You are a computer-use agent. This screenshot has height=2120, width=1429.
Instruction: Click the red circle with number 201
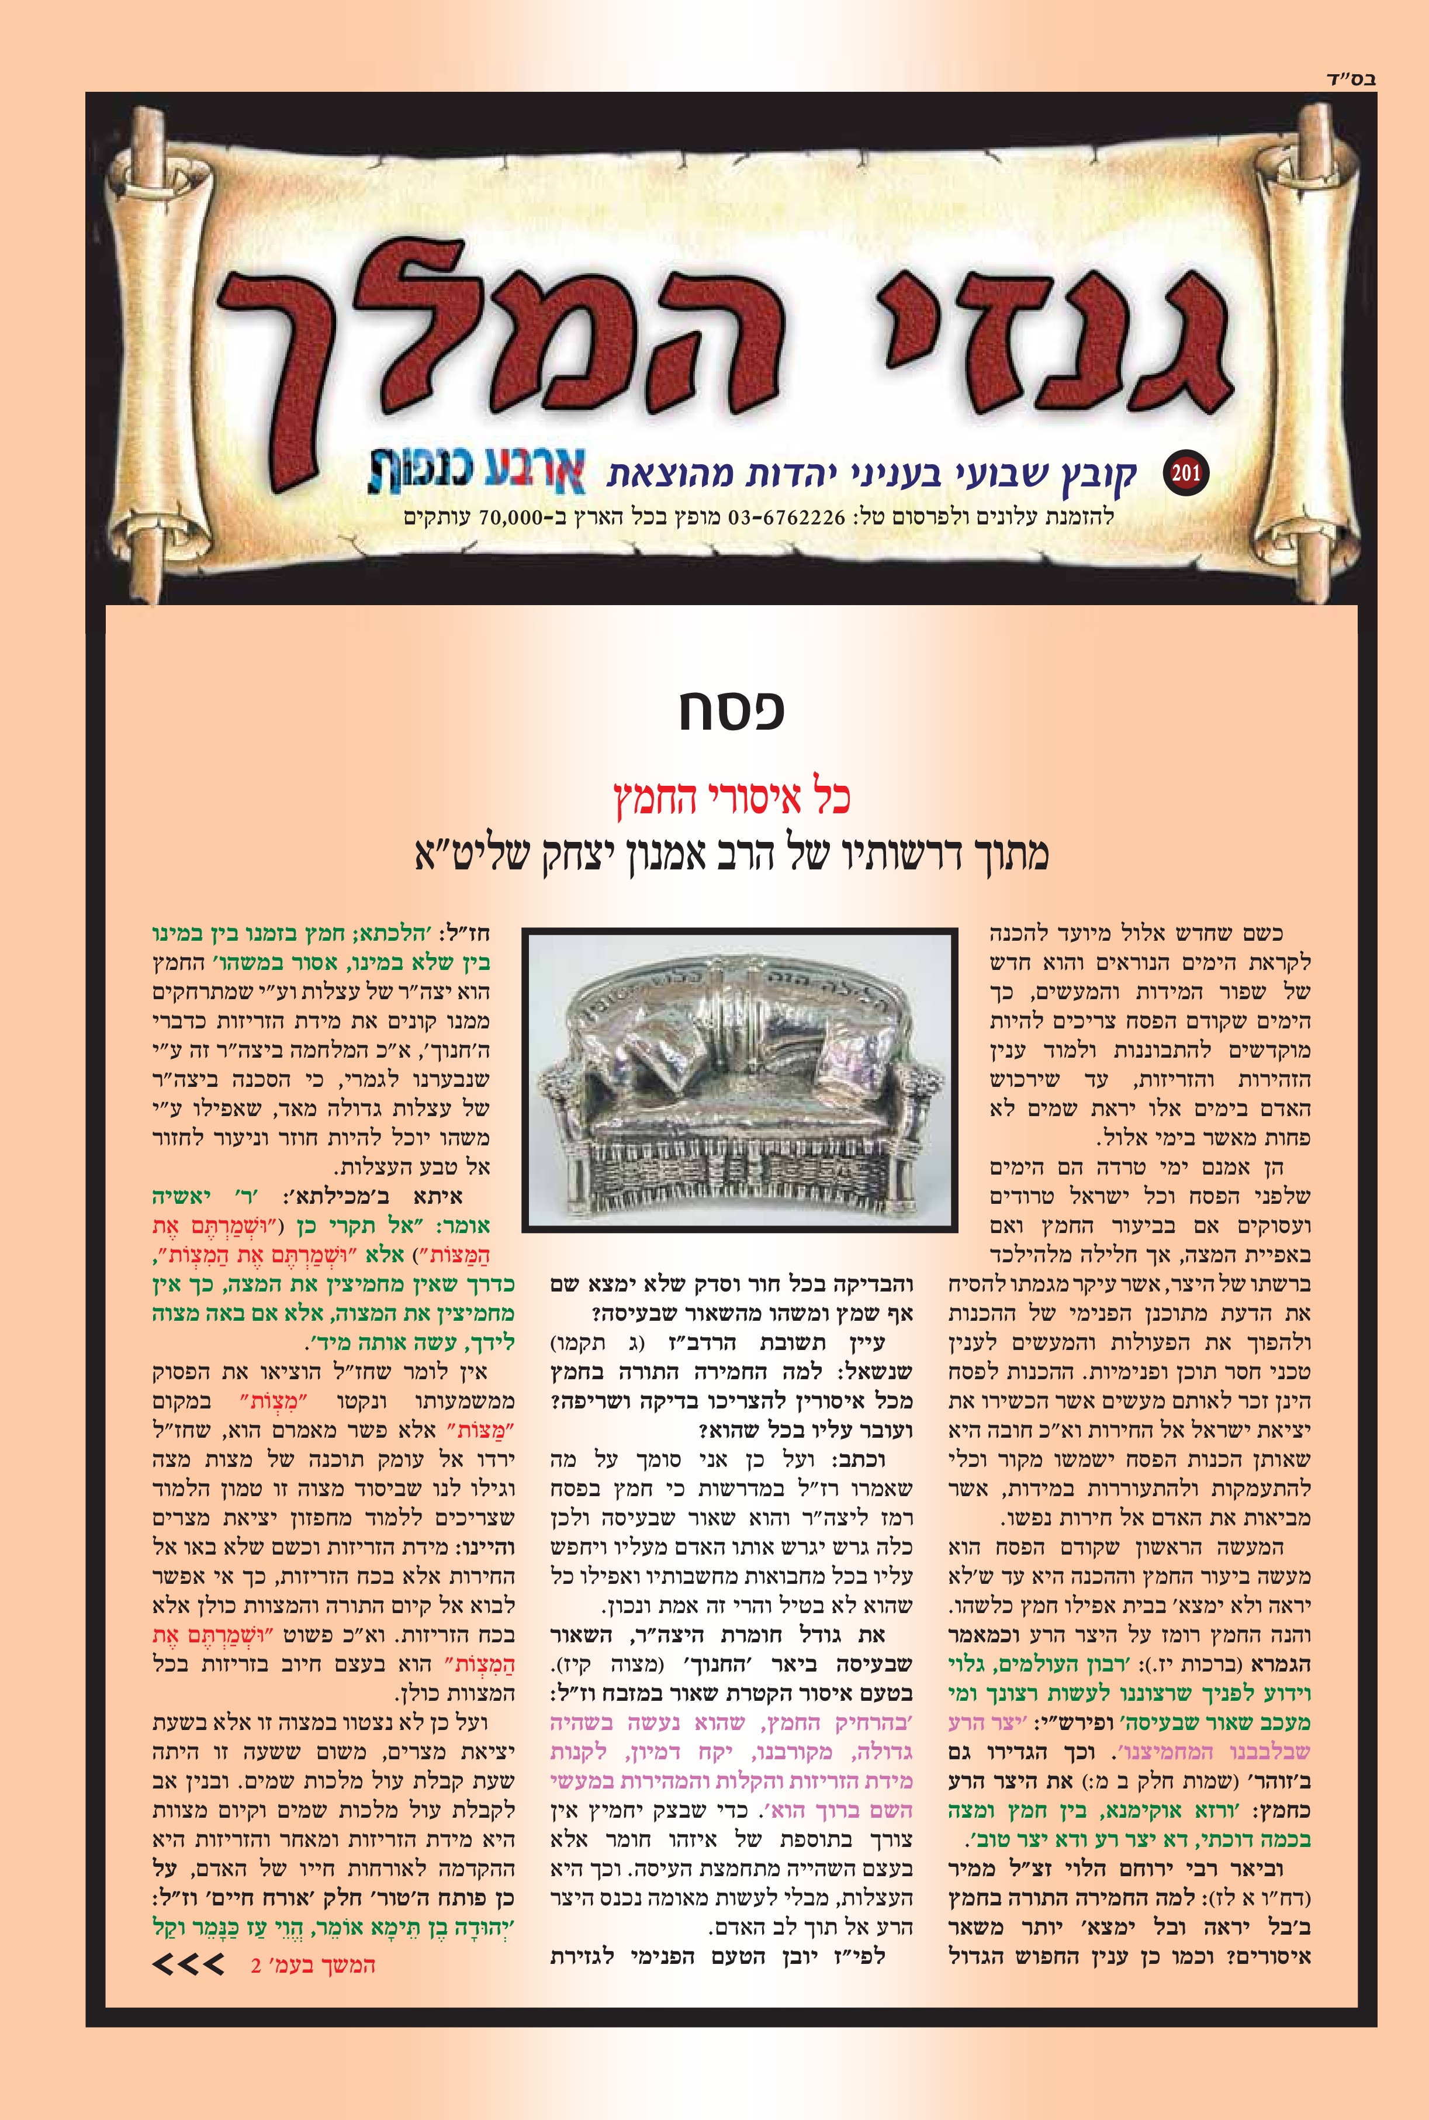click(1186, 473)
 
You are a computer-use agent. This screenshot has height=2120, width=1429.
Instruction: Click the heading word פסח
click(731, 711)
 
